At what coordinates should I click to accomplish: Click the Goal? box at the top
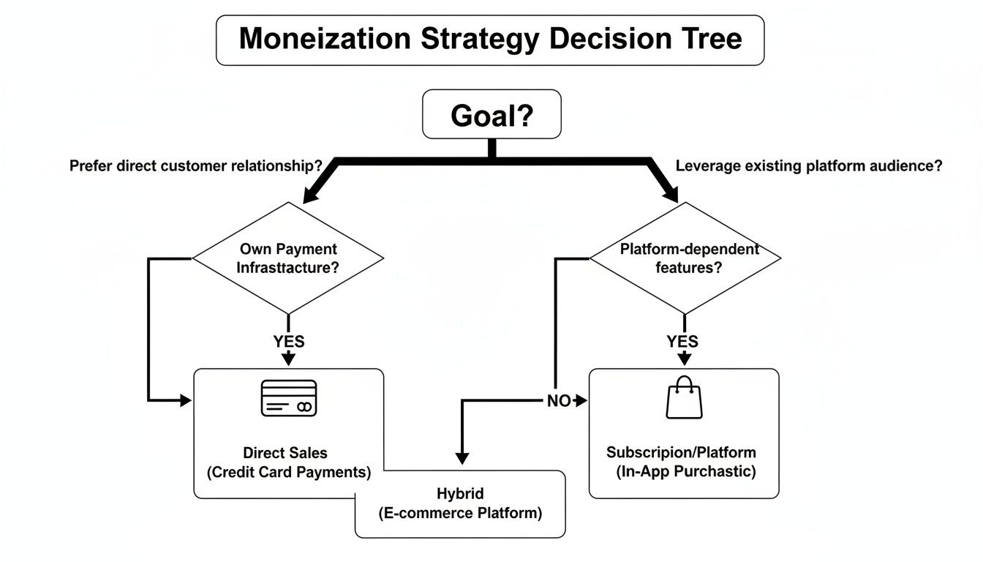pyautogui.click(x=491, y=114)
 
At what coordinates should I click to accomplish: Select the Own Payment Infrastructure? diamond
pyautogui.click(x=287, y=258)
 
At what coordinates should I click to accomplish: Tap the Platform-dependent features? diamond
pyautogui.click(x=685, y=258)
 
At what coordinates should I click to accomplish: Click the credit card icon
pyautogui.click(x=288, y=399)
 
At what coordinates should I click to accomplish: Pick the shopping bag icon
pyautogui.click(x=684, y=398)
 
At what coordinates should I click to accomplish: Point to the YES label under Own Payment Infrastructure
pyautogui.click(x=289, y=341)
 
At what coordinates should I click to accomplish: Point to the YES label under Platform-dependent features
pyautogui.click(x=682, y=341)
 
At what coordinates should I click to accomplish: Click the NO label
pyautogui.click(x=559, y=401)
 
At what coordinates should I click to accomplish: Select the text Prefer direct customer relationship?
pyautogui.click(x=196, y=166)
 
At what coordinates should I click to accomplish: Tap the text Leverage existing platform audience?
pyautogui.click(x=808, y=166)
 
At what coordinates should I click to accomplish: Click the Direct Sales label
pyautogui.click(x=285, y=453)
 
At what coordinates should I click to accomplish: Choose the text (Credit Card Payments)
pyautogui.click(x=289, y=472)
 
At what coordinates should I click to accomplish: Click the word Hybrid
pyautogui.click(x=460, y=493)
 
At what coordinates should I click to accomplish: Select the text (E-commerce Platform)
pyautogui.click(x=460, y=513)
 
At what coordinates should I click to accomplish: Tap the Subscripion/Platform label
pyautogui.click(x=681, y=452)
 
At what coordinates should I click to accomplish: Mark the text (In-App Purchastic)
pyautogui.click(x=685, y=471)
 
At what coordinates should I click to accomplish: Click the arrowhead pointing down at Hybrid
pyautogui.click(x=461, y=457)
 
